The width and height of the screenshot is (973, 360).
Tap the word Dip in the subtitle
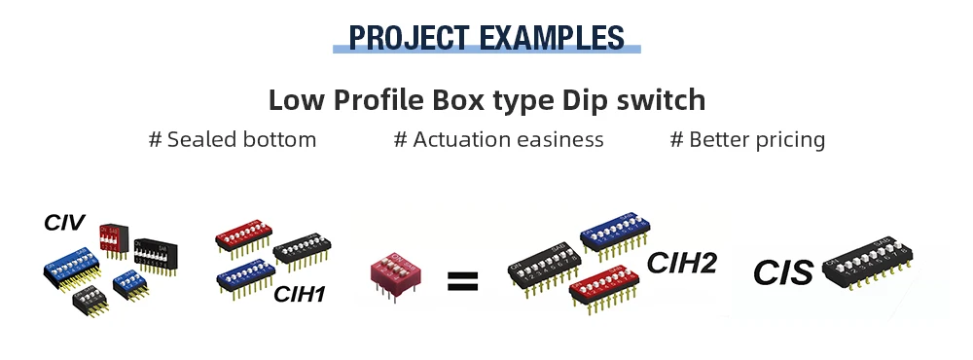590,100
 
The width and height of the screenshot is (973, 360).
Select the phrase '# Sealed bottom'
232,140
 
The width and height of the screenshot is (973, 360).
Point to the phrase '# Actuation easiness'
498,140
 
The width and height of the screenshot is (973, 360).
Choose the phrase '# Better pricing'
747,140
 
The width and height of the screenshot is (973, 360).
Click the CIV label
64,223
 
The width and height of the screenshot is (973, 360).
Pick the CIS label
782,272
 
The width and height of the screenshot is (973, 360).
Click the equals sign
462,282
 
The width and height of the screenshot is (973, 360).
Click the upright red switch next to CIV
112,238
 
